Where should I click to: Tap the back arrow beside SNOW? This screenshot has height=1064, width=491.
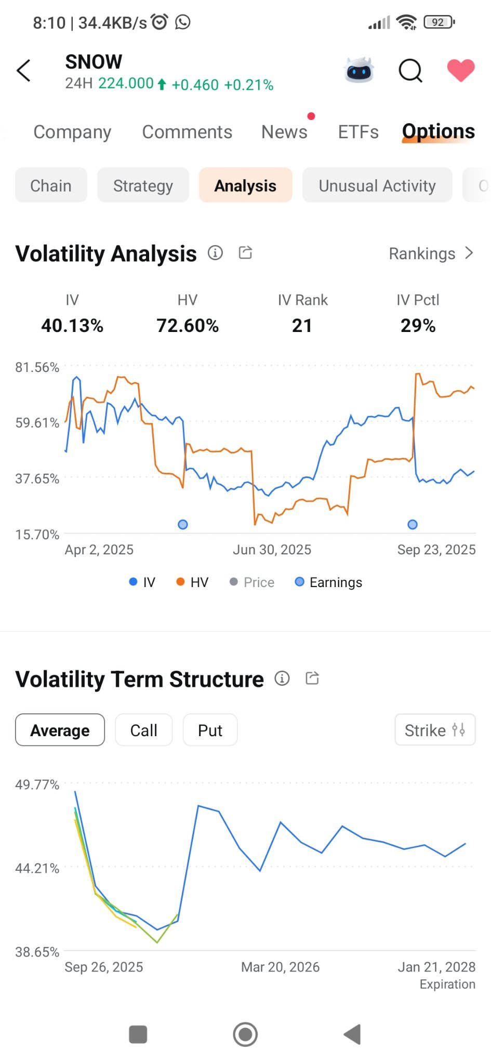(x=23, y=71)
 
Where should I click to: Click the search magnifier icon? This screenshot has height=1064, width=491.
(x=410, y=71)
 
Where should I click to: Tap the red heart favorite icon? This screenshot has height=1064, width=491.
(x=461, y=70)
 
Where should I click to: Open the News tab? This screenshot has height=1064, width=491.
(x=284, y=132)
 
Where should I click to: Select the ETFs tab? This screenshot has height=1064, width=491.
(x=358, y=132)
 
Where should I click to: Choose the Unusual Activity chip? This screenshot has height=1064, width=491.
(x=377, y=185)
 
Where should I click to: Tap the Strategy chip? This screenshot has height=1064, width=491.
(x=143, y=185)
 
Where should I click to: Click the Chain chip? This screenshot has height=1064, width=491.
(x=51, y=185)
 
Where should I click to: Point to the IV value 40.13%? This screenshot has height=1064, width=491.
(x=72, y=326)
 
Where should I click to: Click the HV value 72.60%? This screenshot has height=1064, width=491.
(x=188, y=326)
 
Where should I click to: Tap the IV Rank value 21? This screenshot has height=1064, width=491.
(x=302, y=326)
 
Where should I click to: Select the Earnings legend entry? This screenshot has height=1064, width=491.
(x=328, y=582)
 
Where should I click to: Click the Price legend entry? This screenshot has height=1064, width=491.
(x=252, y=582)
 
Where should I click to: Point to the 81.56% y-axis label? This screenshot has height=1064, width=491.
(x=37, y=367)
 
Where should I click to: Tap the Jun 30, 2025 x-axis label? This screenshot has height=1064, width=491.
(x=272, y=550)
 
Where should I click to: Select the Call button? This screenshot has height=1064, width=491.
(x=143, y=730)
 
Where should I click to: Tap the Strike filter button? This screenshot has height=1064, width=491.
(x=435, y=730)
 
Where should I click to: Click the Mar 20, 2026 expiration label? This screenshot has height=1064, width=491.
(x=280, y=967)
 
